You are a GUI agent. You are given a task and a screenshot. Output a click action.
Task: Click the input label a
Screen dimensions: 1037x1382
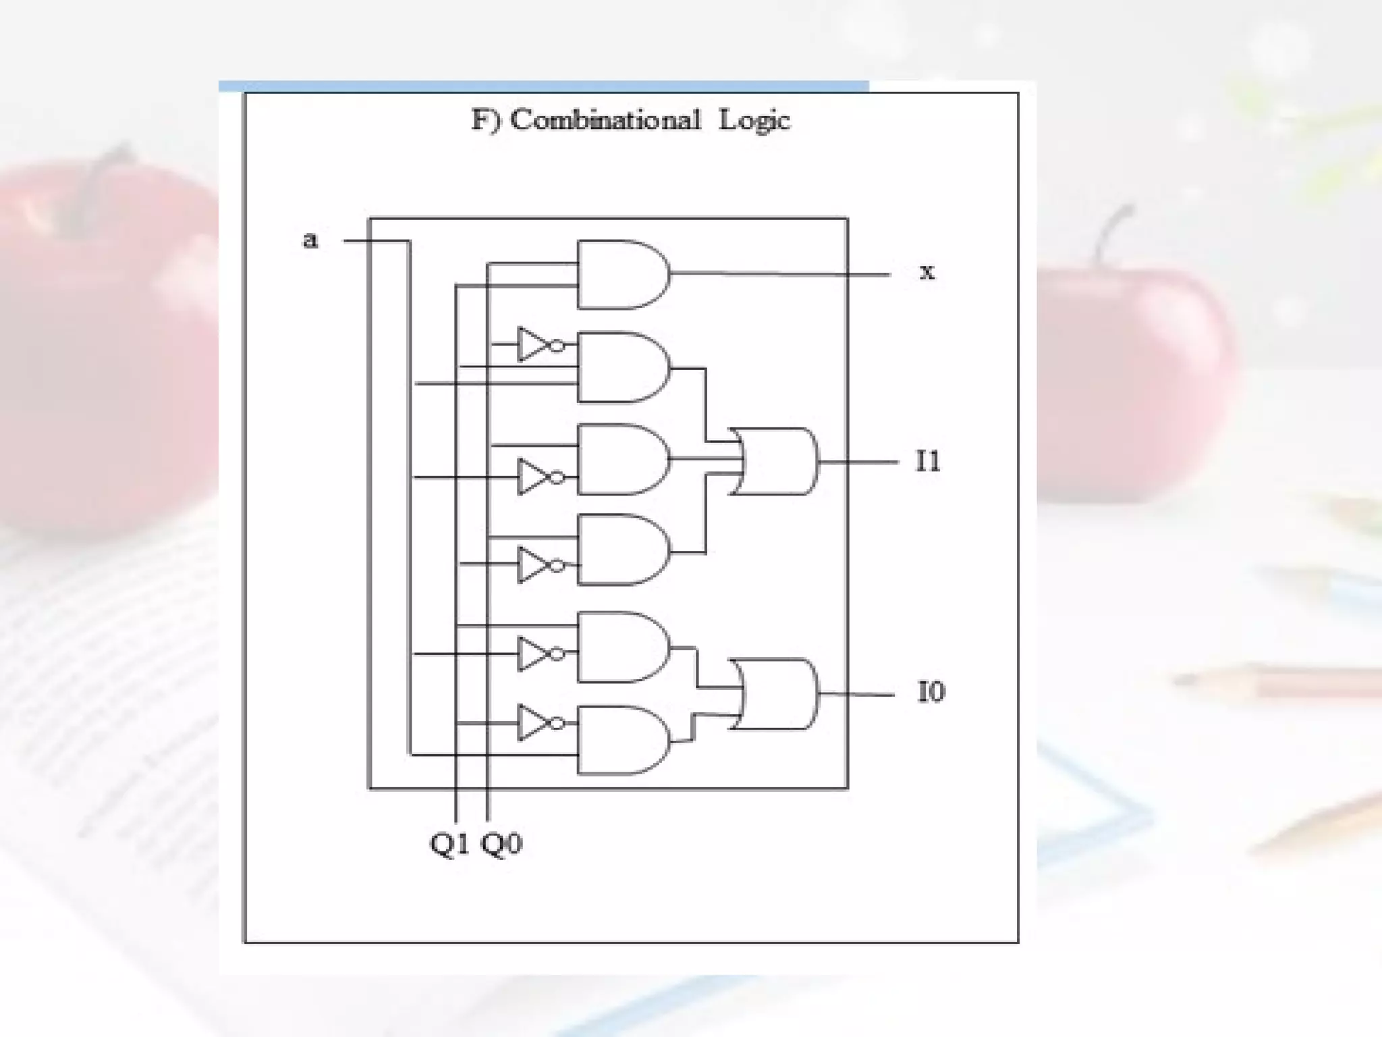pos(310,240)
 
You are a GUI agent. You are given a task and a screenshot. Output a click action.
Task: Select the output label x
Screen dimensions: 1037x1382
pos(927,272)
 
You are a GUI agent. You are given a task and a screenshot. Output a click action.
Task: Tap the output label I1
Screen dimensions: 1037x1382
pos(928,462)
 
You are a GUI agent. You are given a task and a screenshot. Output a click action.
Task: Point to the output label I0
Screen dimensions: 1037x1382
pos(931,692)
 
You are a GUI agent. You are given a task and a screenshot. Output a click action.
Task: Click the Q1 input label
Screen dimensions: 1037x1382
pos(449,844)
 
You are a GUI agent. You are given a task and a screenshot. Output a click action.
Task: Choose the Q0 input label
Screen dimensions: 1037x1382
pos(501,844)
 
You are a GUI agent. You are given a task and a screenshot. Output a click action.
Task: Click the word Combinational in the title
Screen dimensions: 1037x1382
pos(605,120)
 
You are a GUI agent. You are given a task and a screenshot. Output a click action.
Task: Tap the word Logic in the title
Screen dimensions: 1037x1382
pos(754,121)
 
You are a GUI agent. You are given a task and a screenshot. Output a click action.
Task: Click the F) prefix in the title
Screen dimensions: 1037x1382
pos(486,121)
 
